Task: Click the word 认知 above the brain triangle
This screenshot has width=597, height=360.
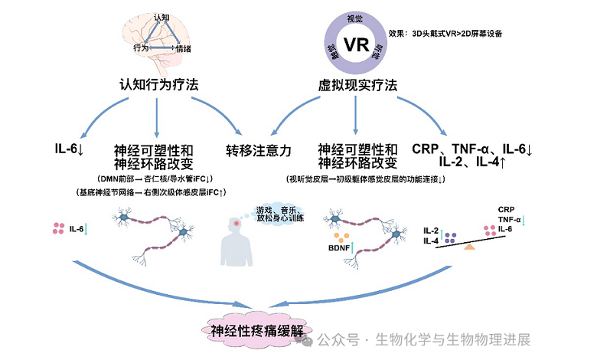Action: (x=161, y=16)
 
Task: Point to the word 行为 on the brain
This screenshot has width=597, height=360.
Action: (x=139, y=47)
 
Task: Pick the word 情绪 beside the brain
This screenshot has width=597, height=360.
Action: (x=184, y=48)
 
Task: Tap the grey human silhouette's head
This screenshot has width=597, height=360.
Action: (x=238, y=226)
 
